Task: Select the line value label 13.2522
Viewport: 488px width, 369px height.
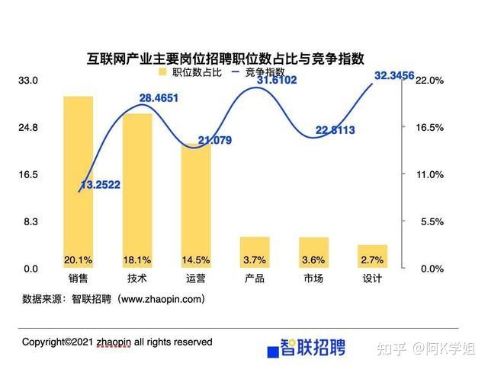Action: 105,185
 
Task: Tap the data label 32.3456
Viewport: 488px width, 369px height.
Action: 394,75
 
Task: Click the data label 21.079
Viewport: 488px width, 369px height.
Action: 214,140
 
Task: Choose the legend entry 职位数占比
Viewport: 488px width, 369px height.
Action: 190,72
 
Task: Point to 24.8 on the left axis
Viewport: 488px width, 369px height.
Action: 28,127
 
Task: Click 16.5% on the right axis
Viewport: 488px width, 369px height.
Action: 429,127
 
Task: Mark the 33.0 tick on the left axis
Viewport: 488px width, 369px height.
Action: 28,80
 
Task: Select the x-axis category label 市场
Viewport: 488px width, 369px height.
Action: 313,278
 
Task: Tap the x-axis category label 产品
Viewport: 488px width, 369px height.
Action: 255,278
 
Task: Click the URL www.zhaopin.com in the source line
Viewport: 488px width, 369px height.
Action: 163,299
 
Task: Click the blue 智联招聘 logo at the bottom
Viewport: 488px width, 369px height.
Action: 306,348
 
